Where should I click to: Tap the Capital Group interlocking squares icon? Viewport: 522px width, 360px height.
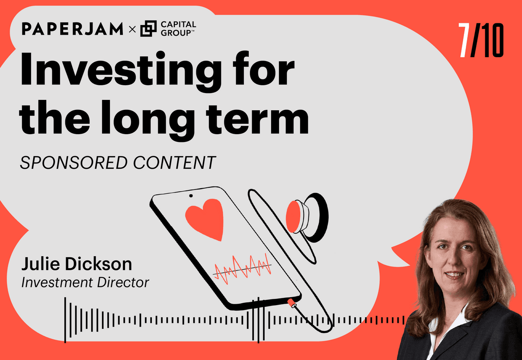point(148,29)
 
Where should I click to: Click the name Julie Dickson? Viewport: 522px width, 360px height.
point(77,264)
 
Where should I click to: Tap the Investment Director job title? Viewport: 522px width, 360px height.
point(85,283)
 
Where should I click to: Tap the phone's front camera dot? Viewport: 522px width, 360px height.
point(191,196)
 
